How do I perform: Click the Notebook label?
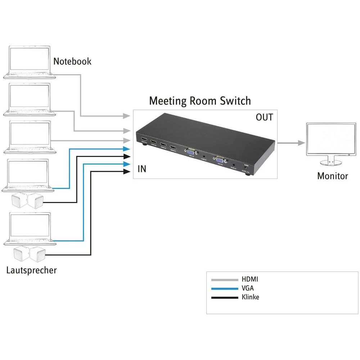[x=72, y=61]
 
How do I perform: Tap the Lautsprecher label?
[x=32, y=270]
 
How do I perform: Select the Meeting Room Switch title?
[x=200, y=100]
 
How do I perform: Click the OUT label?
[x=264, y=117]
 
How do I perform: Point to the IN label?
[x=142, y=168]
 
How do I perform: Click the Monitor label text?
[x=332, y=176]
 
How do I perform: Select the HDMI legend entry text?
[x=250, y=279]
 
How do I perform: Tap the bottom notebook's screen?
[x=30, y=227]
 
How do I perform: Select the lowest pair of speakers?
[x=28, y=254]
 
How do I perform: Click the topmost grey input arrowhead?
[x=126, y=116]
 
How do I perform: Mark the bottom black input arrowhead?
[x=126, y=172]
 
